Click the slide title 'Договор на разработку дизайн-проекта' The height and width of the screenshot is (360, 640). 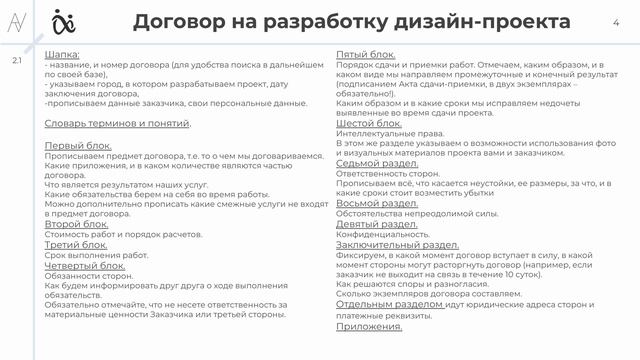tap(351, 22)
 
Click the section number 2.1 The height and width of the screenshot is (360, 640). tap(17, 62)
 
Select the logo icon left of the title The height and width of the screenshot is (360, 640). tap(92, 21)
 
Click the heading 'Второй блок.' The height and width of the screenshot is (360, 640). tap(76, 224)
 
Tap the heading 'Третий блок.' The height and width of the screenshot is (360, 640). tap(76, 244)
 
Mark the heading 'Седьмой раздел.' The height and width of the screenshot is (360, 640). tap(377, 163)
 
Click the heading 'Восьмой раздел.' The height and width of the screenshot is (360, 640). tap(377, 203)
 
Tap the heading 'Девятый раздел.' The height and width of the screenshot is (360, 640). tap(377, 223)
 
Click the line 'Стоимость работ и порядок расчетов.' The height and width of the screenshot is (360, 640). tap(111, 234)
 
